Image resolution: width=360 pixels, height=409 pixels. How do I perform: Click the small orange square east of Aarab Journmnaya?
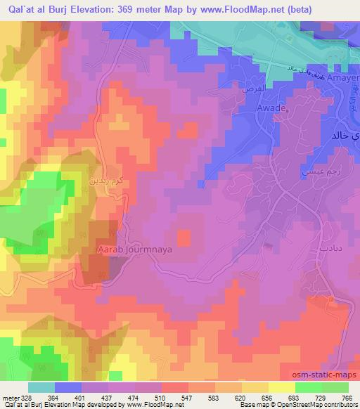click(x=183, y=238)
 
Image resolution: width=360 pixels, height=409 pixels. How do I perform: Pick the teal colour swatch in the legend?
click(x=41, y=387)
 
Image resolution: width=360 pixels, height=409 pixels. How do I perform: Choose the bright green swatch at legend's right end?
click(x=335, y=387)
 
